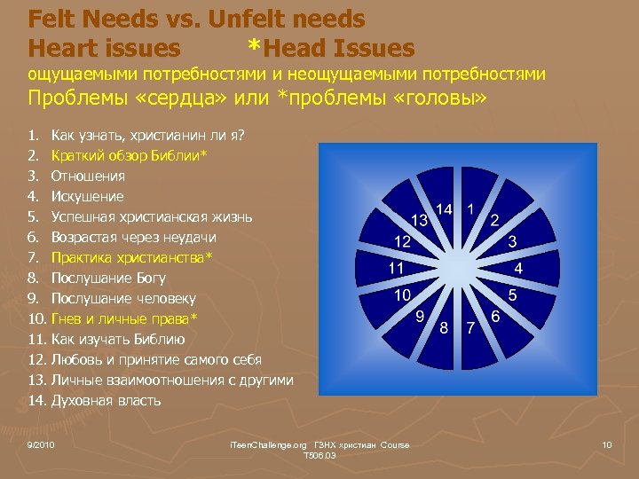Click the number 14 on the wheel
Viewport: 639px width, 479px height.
coord(445,209)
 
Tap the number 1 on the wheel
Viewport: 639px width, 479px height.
coord(470,208)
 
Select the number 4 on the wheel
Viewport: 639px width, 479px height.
coord(518,267)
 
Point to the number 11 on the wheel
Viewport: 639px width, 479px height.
coord(396,267)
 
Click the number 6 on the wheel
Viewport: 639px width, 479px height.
coord(495,316)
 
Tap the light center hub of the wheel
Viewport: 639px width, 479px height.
coord(457,267)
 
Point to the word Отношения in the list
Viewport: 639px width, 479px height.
coord(88,176)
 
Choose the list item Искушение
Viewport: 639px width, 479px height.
coord(87,196)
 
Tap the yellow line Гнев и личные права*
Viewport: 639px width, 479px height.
coord(124,318)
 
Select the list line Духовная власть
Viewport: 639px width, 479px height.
coord(106,400)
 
